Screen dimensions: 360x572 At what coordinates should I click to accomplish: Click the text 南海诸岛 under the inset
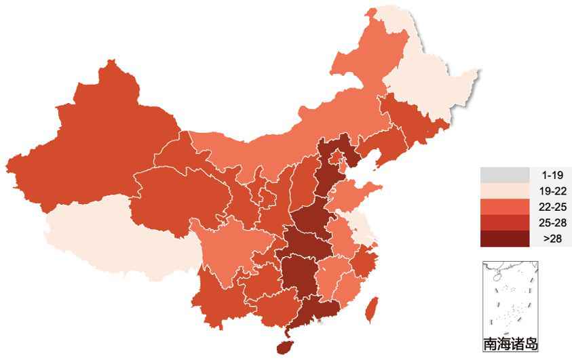[510, 344]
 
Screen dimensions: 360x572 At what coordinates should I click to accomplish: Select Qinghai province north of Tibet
[176, 197]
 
